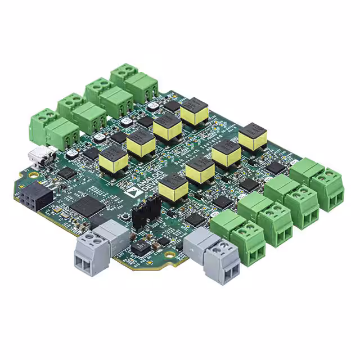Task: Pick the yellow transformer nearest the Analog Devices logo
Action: pyautogui.click(x=173, y=187)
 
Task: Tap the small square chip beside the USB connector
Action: pyautogui.click(x=66, y=173)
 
